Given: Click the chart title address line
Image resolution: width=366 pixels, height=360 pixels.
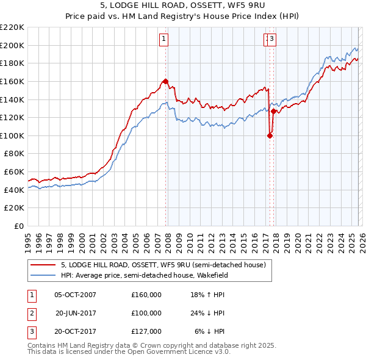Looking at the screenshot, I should (x=182, y=5).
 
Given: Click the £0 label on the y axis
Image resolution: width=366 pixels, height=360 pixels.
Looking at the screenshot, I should (x=20, y=226).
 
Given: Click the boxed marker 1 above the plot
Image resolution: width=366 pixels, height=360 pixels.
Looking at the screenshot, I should (x=164, y=40).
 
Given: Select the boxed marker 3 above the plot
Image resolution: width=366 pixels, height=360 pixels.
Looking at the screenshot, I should (x=272, y=40).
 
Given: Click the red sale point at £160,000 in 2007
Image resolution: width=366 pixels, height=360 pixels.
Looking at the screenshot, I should (x=165, y=81).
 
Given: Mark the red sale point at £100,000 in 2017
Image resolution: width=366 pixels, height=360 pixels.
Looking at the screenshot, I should (x=269, y=135).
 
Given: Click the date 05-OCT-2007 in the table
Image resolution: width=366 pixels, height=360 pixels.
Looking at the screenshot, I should (x=75, y=295).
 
